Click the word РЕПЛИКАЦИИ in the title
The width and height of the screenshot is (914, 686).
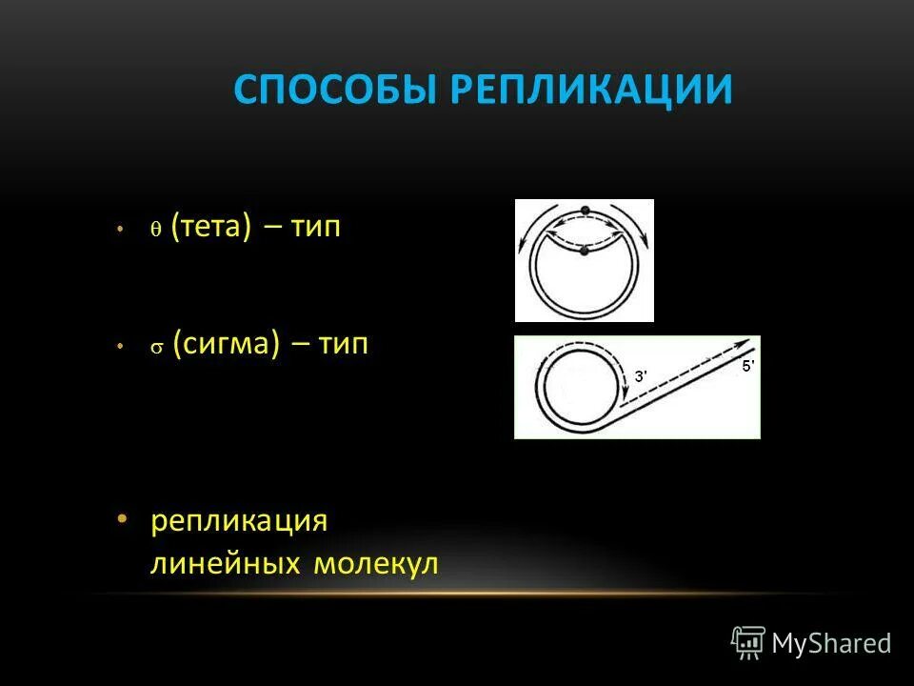coord(591,90)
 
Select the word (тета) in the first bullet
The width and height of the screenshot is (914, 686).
coord(211,229)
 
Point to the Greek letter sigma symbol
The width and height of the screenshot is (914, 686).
coord(156,349)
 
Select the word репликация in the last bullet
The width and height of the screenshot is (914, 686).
coord(239,521)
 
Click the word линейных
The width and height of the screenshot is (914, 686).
coord(226,563)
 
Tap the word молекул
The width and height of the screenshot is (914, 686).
coord(375,563)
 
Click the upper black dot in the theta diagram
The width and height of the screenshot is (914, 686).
coord(586,209)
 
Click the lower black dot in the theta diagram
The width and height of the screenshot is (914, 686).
coord(585,251)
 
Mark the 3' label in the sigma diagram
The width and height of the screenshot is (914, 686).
coord(641,377)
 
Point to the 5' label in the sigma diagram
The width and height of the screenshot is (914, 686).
coord(748,366)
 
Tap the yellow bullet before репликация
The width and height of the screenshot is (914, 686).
coord(121,519)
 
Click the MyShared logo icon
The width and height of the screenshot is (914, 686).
coord(748,642)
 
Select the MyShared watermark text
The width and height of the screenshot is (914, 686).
coord(831,644)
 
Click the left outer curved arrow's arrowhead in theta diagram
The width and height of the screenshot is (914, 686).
coord(523,246)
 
